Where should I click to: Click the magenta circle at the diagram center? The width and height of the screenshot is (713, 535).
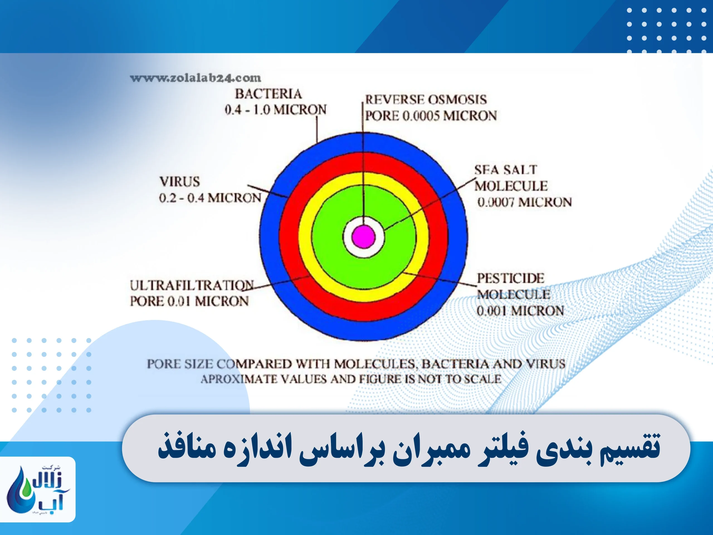coord(363,237)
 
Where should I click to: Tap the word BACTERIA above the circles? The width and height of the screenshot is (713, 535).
coord(268,94)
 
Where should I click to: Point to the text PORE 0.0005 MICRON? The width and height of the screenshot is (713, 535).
coord(431,116)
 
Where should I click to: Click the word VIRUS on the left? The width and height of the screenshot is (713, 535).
coord(180,182)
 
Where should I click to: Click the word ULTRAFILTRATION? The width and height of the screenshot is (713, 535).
coord(191,285)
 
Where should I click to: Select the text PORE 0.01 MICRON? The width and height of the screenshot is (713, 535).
coord(189,301)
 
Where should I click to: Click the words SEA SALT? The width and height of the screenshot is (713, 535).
coord(506,170)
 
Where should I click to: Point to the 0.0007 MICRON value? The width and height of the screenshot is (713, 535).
coord(524,203)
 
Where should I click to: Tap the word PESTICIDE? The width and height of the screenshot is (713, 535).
coord(510,278)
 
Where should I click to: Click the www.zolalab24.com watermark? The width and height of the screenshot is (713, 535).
coord(195,78)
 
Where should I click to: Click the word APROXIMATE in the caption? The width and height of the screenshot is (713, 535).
coord(239,379)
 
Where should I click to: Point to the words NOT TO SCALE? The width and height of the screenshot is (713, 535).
coord(459,379)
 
